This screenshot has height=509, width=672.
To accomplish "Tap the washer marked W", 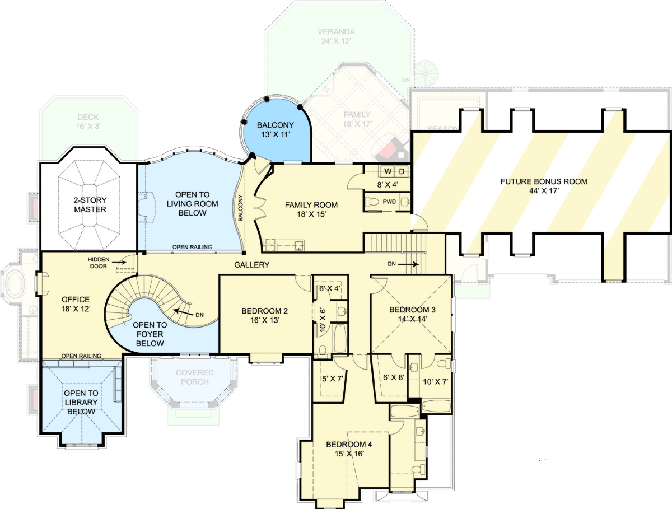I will tap(387, 171).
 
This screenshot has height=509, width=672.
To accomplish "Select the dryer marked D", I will tap(402, 171).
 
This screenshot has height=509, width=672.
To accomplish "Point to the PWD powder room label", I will tap(389, 201).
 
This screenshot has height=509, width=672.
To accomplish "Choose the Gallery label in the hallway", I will tap(252, 265).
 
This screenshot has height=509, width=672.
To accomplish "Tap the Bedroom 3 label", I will tap(412, 310).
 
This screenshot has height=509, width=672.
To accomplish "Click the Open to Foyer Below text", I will tap(149, 334).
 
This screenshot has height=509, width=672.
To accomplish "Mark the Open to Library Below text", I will tap(81, 402).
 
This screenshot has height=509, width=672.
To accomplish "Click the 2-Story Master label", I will tap(90, 205).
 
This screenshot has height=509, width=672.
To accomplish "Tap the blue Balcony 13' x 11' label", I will tap(275, 130).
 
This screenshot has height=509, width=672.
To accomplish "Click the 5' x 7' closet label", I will tap(332, 379).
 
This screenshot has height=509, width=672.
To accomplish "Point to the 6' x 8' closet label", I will tap(393, 377).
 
